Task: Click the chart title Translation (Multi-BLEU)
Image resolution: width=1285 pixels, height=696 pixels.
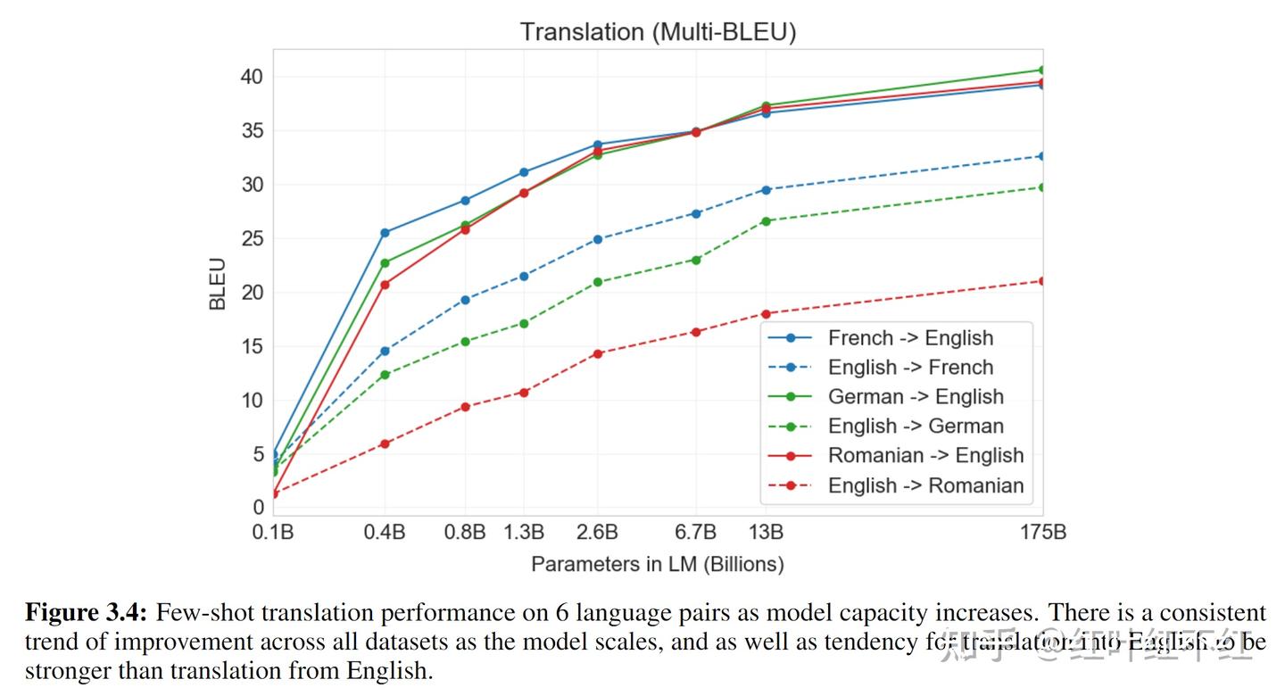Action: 658,31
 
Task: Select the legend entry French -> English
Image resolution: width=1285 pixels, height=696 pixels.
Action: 910,338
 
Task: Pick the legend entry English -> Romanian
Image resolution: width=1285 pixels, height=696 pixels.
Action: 925,485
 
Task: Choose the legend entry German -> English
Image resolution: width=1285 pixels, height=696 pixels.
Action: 916,397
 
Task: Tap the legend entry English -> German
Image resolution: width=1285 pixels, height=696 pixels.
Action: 916,427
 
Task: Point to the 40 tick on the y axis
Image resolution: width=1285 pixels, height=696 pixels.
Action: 252,77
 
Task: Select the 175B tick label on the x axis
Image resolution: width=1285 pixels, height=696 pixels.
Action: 1042,533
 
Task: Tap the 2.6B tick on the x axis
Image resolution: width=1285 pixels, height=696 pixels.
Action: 597,533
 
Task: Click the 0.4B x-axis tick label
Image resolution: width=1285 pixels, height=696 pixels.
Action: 385,533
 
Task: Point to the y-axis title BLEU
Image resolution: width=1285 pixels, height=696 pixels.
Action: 218,284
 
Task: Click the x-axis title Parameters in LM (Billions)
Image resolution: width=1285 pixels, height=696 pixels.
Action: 658,564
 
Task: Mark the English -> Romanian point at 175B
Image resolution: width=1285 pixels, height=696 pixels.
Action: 1041,281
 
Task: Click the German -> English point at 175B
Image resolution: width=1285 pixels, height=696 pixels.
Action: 1041,70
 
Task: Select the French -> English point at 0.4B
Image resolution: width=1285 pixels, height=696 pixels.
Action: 385,233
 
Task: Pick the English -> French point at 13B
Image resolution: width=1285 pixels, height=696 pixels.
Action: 766,189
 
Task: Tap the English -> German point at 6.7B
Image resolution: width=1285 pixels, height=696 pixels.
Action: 695,260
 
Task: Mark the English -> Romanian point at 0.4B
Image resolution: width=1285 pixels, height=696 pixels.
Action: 385,443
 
